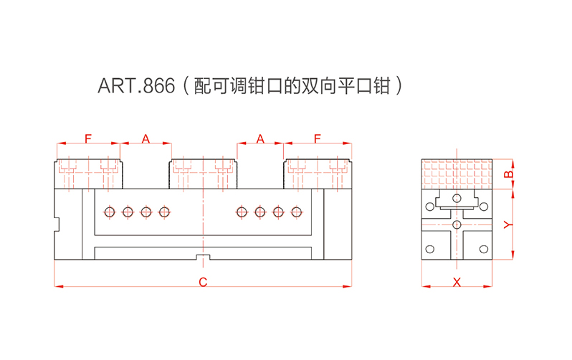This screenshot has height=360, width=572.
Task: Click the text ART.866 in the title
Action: (136, 87)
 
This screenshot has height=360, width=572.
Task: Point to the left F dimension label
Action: (87, 138)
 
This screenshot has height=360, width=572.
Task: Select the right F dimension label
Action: (318, 138)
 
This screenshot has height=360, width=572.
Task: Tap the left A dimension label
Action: (146, 138)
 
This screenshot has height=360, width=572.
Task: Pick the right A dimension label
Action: (260, 138)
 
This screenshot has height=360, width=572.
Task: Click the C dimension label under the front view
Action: (203, 283)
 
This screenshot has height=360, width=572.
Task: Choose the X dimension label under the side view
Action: (457, 283)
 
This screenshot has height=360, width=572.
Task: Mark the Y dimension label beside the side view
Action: (507, 224)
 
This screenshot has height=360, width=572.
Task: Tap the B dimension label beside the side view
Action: (507, 174)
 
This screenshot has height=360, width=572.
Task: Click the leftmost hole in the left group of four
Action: (109, 212)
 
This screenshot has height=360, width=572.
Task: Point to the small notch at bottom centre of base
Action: (203, 257)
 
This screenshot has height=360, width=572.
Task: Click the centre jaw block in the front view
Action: (204, 173)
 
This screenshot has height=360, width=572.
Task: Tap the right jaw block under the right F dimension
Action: (318, 173)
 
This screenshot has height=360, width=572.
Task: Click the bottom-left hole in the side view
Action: (430, 249)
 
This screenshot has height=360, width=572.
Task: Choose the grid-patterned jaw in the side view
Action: (457, 171)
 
